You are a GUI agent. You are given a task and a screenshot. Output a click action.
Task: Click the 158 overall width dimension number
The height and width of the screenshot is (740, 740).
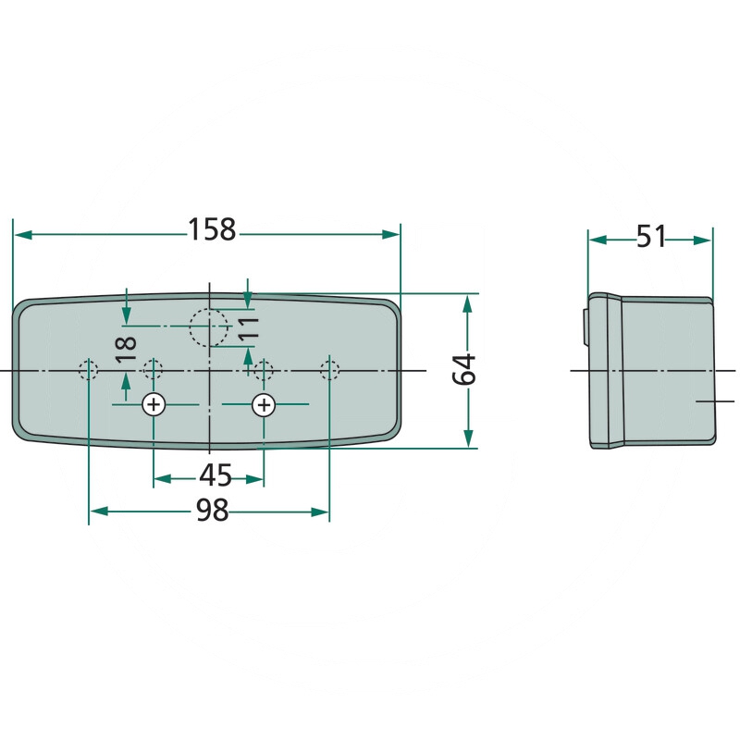(x=212, y=229)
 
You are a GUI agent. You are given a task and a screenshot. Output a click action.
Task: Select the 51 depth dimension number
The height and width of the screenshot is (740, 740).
(x=651, y=237)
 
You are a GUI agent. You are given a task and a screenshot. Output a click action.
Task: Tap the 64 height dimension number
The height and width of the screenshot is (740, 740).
(x=466, y=369)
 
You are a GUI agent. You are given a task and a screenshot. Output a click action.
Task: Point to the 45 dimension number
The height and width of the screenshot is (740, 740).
(x=215, y=475)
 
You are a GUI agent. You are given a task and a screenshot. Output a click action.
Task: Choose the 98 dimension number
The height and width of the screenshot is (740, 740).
(x=212, y=510)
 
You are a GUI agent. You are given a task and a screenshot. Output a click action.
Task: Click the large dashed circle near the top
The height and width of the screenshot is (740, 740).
(x=208, y=327)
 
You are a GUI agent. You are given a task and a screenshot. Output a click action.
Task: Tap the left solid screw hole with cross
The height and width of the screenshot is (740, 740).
(x=153, y=404)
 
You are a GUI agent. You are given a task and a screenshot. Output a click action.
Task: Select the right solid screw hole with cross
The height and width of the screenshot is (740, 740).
(x=264, y=404)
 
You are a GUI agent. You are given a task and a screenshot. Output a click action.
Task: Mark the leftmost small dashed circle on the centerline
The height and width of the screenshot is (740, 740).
(x=89, y=371)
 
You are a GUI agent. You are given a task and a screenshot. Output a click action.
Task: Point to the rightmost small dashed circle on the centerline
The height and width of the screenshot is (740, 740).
(x=329, y=371)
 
